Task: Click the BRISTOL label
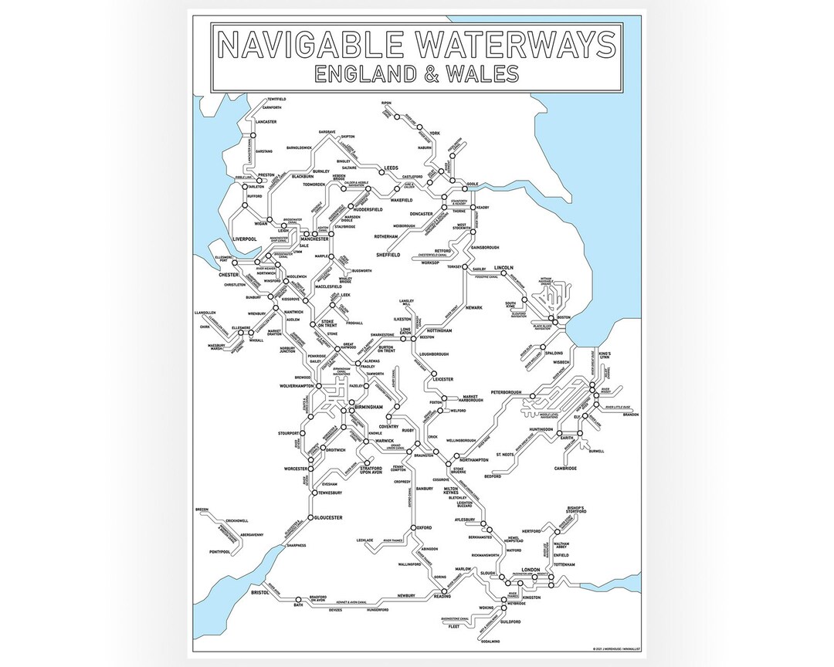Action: coord(259,592)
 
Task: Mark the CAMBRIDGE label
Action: coord(566,468)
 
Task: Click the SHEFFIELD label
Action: coord(392,254)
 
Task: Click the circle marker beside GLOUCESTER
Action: coord(310,517)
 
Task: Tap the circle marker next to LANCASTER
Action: coord(252,137)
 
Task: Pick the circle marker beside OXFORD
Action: coord(411,528)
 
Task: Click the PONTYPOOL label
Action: coord(221,552)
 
